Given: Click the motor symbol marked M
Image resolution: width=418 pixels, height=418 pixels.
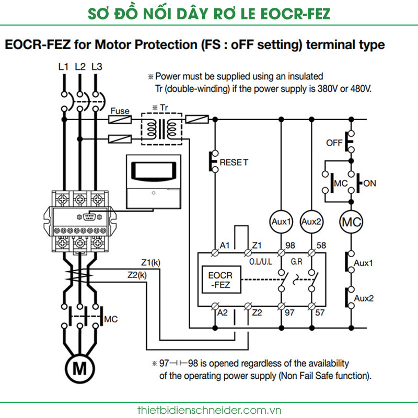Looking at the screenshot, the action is [80, 369].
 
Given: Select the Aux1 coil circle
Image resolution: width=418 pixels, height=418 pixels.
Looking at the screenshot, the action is [281, 222].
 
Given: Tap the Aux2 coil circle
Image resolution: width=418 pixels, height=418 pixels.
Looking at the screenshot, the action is [311, 222].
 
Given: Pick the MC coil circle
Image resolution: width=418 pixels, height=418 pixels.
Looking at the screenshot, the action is [351, 222].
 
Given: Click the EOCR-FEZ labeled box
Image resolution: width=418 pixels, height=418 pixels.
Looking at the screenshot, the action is [221, 280].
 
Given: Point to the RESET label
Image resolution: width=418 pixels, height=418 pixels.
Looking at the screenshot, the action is [234, 162].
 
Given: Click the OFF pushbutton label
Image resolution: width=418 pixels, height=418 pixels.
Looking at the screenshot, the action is [334, 143].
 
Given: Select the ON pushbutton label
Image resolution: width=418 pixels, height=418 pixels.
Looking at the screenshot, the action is [369, 183].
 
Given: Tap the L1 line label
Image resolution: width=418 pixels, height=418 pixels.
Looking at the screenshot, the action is [63, 67].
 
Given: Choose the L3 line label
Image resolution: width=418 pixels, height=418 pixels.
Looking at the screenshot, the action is [97, 67].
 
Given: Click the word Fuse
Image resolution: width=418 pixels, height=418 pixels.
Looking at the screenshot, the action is [120, 111].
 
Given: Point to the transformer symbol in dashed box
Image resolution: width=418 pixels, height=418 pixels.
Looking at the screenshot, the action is [161, 129].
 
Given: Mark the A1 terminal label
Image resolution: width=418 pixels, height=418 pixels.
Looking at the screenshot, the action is [225, 245].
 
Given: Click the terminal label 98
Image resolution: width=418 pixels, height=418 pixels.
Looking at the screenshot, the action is [290, 245].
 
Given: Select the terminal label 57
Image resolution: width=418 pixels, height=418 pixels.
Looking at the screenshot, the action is [320, 312].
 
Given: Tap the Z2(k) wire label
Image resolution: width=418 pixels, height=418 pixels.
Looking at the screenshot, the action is [137, 275].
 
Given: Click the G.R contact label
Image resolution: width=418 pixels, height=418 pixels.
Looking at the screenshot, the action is [296, 262].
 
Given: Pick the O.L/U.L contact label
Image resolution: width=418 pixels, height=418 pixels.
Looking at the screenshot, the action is [260, 262].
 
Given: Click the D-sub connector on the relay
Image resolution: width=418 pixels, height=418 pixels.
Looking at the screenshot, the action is [89, 217].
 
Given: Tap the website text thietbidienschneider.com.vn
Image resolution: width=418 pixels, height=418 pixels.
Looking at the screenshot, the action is [210, 410].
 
